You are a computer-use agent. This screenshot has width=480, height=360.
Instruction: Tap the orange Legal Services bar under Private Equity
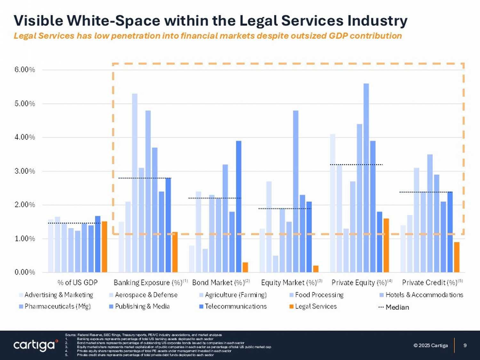(x=386, y=245)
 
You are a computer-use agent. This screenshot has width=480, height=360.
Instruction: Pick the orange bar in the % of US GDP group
(x=104, y=247)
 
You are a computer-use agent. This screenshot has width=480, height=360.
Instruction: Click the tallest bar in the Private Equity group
(x=366, y=178)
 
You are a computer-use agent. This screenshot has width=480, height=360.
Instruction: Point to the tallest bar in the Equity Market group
(x=296, y=191)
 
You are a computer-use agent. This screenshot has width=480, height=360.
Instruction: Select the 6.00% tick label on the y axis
(x=25, y=70)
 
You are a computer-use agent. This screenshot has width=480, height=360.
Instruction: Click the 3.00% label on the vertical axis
(x=25, y=171)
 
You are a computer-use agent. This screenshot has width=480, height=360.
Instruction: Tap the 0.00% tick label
(x=25, y=272)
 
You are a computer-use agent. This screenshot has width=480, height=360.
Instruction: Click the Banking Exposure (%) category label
(x=148, y=283)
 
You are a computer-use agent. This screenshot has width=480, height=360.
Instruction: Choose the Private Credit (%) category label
(x=429, y=283)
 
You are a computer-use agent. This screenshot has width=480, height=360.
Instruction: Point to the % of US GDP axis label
(x=77, y=283)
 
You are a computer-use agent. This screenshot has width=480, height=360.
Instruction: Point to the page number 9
(x=465, y=345)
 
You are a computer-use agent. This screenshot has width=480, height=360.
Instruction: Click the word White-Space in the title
(x=113, y=20)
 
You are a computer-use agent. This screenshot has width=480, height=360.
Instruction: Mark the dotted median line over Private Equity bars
(x=356, y=164)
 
